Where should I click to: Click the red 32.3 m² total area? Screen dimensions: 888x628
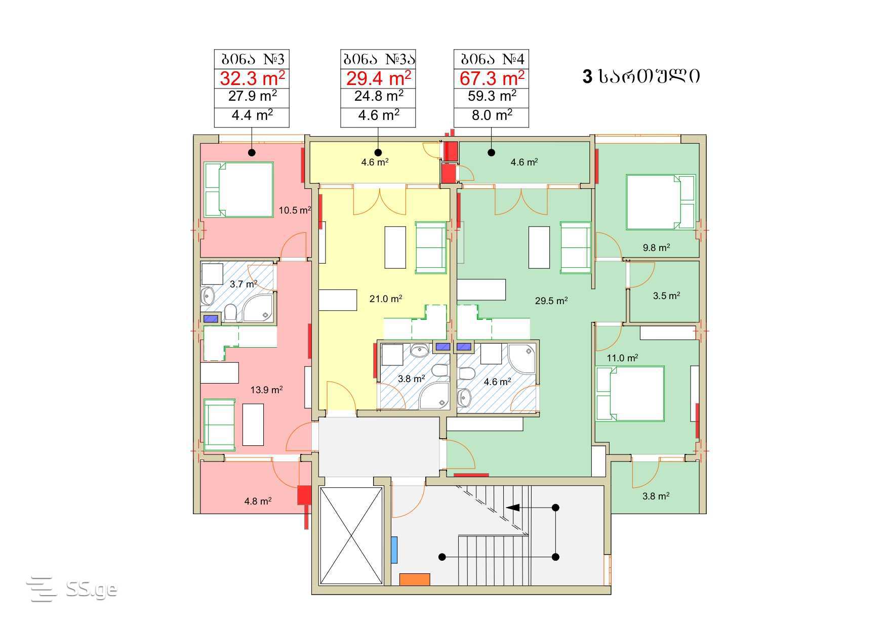coord(252,79)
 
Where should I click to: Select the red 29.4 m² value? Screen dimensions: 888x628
coord(378,79)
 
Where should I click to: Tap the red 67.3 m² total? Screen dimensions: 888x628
coord(492,79)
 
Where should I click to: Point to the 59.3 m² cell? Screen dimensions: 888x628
coord(492,96)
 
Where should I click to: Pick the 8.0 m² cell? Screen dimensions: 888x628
coord(492,115)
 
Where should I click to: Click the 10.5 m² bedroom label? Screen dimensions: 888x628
coord(295,210)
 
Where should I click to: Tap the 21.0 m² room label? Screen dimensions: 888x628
coord(386,299)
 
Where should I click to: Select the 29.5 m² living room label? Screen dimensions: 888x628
coord(551,301)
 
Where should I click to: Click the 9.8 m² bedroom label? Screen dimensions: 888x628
coord(657,247)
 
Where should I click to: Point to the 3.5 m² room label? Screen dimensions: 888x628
coord(666,296)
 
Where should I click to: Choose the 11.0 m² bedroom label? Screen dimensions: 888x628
coord(622,358)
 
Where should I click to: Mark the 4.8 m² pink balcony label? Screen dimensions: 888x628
coord(258,501)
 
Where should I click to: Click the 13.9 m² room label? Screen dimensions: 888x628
coord(267,390)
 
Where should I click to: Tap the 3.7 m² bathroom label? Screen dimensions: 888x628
coord(244,284)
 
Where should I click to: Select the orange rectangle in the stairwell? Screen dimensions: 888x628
coord(415,579)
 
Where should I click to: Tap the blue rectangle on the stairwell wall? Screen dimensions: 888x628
coord(394,550)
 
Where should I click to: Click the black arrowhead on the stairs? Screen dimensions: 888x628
coord(512,508)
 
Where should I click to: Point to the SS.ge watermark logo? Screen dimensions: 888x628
coord(72,589)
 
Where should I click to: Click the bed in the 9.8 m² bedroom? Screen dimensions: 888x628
coord(661,202)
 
